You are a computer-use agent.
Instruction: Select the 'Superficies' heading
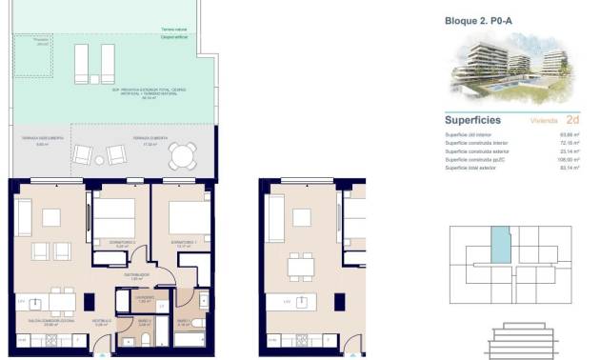473,121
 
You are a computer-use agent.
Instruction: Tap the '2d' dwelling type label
572,121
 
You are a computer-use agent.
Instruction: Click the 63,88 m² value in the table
571,135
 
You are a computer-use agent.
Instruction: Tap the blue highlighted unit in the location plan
499,247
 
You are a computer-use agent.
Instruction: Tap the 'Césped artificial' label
174,38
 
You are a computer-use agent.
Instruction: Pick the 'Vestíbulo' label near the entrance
101,322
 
